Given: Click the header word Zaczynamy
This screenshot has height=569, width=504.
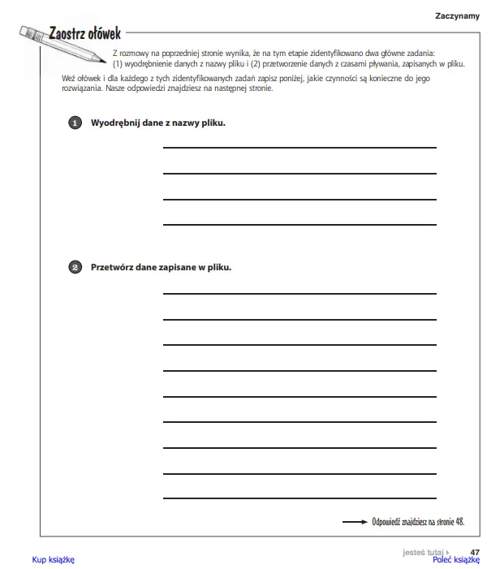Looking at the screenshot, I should [x=457, y=16].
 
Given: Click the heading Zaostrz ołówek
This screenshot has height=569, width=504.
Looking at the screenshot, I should [x=84, y=33].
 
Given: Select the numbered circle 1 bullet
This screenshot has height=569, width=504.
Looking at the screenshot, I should [x=75, y=123].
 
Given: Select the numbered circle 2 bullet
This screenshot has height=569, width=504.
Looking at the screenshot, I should [x=75, y=266].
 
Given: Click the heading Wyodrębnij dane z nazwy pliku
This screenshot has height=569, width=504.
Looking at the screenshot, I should [x=157, y=123].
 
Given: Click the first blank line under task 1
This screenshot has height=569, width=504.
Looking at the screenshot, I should [x=299, y=148].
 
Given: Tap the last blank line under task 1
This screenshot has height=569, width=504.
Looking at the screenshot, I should [x=299, y=224].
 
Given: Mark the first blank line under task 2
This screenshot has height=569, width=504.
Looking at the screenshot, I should [x=299, y=293].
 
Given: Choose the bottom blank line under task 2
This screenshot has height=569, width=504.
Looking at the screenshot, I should [x=299, y=497].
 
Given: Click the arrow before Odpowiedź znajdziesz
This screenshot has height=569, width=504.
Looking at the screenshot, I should [x=355, y=523].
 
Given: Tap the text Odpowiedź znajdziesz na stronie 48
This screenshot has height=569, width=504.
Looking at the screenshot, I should [x=419, y=523].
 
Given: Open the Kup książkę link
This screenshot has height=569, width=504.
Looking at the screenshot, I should [x=54, y=559].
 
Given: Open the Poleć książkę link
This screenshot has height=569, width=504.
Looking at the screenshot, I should [x=456, y=559].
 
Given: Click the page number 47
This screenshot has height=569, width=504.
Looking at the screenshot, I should [x=475, y=552].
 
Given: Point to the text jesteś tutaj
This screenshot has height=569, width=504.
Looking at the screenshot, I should [x=423, y=552].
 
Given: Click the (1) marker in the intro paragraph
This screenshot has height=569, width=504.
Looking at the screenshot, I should [x=118, y=63].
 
